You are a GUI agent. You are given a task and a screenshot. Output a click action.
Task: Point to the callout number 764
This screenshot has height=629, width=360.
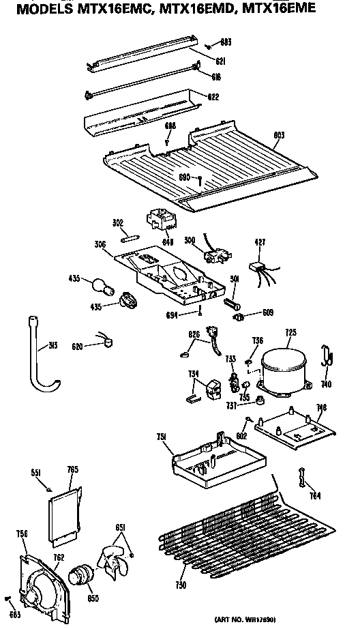click(313, 495)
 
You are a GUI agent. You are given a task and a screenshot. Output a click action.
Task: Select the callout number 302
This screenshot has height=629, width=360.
click(117, 222)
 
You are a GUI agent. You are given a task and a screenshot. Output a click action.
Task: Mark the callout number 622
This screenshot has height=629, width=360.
click(213, 97)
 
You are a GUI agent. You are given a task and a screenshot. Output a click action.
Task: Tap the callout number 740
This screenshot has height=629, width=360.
click(327, 384)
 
